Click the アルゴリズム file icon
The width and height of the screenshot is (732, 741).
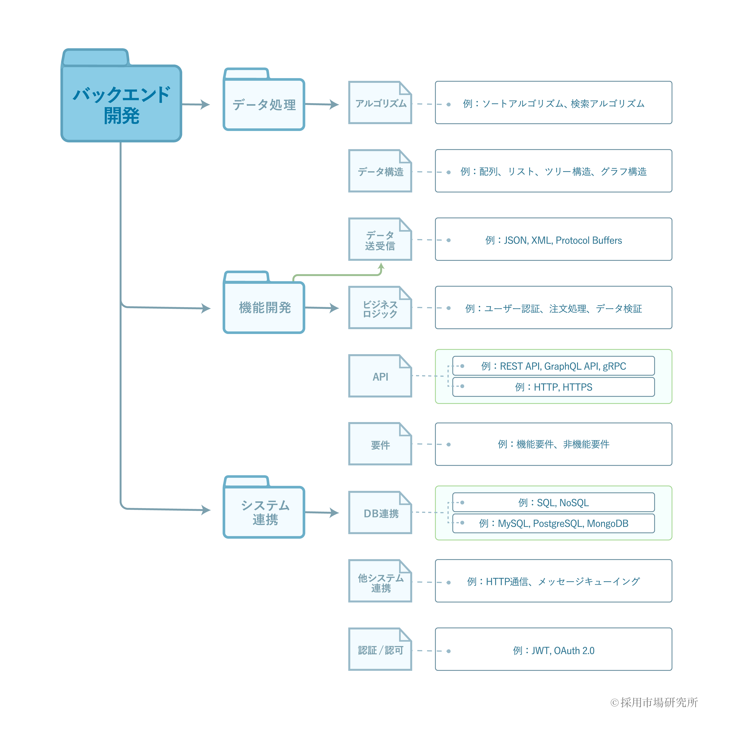pyautogui.click(x=380, y=102)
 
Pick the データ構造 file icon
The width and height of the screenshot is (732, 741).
pyautogui.click(x=380, y=171)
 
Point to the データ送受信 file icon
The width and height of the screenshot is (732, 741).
pyautogui.click(x=380, y=239)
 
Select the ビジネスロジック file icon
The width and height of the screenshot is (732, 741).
pyautogui.click(x=380, y=307)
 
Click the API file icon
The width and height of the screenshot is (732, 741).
pyautogui.click(x=380, y=376)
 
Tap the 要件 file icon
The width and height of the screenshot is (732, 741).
pyautogui.click(x=380, y=444)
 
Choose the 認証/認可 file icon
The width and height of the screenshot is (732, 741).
pyautogui.click(x=380, y=649)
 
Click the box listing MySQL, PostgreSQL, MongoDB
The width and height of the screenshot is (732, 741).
pyautogui.click(x=553, y=523)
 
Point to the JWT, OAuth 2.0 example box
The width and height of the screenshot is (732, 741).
pyautogui.click(x=553, y=649)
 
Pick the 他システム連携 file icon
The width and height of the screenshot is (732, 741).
pyautogui.click(x=380, y=581)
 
